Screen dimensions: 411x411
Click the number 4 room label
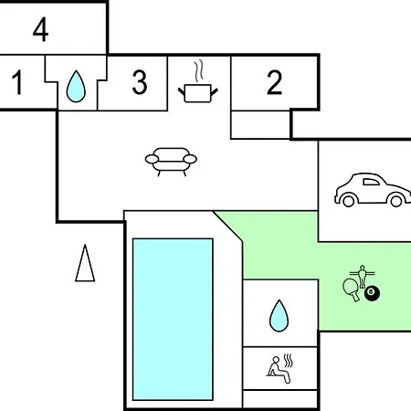(40, 29)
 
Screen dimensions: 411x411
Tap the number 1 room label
(17, 82)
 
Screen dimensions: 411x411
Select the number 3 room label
(140, 82)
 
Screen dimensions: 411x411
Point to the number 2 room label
(274, 82)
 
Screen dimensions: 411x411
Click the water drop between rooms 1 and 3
(76, 87)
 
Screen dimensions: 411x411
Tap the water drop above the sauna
(279, 316)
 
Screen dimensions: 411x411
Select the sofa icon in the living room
(171, 162)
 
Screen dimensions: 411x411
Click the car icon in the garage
(373, 190)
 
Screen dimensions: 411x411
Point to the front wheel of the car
(396, 201)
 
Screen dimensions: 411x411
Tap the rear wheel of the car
(348, 201)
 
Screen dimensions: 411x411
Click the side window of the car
(371, 182)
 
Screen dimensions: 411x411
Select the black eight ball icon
(372, 293)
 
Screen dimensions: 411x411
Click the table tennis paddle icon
(351, 290)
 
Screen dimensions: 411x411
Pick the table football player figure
(362, 276)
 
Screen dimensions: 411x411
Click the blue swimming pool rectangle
(173, 320)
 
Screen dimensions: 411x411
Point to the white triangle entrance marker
(85, 263)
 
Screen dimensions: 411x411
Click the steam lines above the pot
(199, 71)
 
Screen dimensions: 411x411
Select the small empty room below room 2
(260, 125)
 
